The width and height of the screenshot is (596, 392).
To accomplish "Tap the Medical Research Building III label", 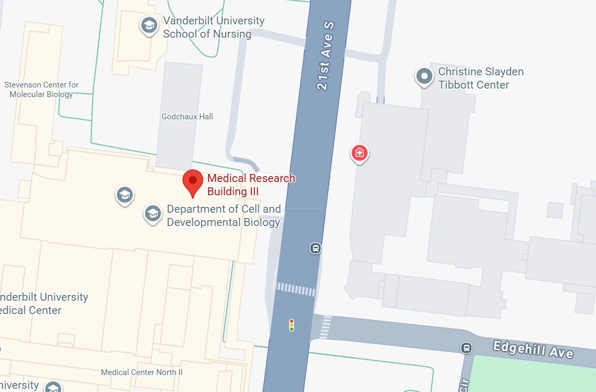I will coord(251,185).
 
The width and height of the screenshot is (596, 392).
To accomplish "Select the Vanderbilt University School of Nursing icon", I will coord(149,25).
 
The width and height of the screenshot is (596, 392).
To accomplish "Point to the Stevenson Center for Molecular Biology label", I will coord(41,90).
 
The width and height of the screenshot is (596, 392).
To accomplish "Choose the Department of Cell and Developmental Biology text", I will coord(224,215).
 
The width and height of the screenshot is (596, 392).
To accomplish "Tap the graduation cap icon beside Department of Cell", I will coord(153,214).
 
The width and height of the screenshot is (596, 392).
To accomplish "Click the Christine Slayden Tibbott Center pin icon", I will coord(424,76).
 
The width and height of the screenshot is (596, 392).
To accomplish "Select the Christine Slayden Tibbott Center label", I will coord(473,78).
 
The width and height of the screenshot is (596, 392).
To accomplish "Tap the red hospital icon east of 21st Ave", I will coord(360,153).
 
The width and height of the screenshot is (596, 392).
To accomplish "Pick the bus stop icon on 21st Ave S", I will coord(316,248).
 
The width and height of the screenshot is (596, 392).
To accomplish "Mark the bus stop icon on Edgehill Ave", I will coord(466,348).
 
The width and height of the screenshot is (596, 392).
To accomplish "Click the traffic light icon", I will coord(291,325).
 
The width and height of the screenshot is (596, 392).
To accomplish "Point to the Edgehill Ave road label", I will coord(532,350).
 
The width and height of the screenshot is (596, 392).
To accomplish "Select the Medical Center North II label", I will coord(142,372).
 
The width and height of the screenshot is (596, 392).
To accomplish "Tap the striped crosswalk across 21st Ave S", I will coord(296,289).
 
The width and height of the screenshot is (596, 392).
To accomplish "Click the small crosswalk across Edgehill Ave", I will coord(326,326).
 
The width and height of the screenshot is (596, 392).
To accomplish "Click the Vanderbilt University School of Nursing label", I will coord(214,28).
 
